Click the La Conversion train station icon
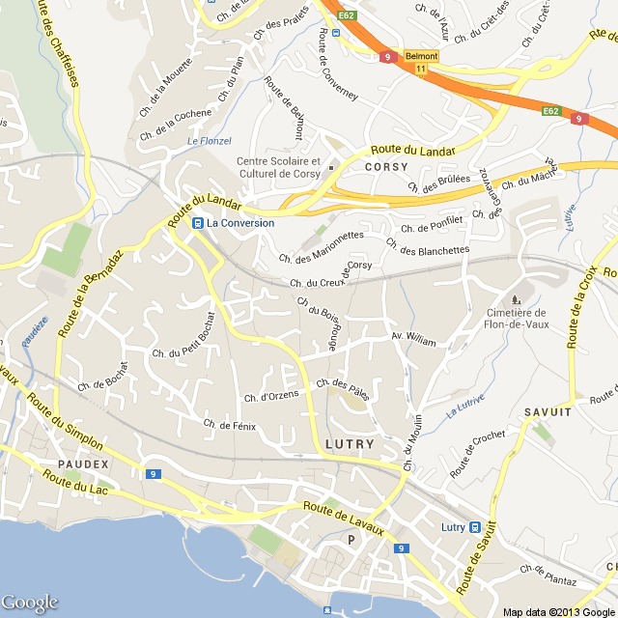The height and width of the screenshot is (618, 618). pos(198,223)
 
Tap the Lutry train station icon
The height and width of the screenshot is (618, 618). pos(474,526)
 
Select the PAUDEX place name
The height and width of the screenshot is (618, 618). pos(84,463)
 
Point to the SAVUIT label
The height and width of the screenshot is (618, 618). pos(548,412)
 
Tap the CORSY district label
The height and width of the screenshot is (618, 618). pos(386,166)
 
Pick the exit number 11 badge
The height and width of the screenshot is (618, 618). pos(421,70)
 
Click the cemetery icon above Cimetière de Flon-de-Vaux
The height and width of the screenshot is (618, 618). pos(514,297)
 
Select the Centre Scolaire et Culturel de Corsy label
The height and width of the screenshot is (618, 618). pos(279,167)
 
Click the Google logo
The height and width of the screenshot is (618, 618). pos(30,603)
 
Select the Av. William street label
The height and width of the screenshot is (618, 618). pos(413,340)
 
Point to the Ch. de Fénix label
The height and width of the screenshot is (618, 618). pos(230,425)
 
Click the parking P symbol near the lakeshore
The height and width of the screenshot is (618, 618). pos(351,539)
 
